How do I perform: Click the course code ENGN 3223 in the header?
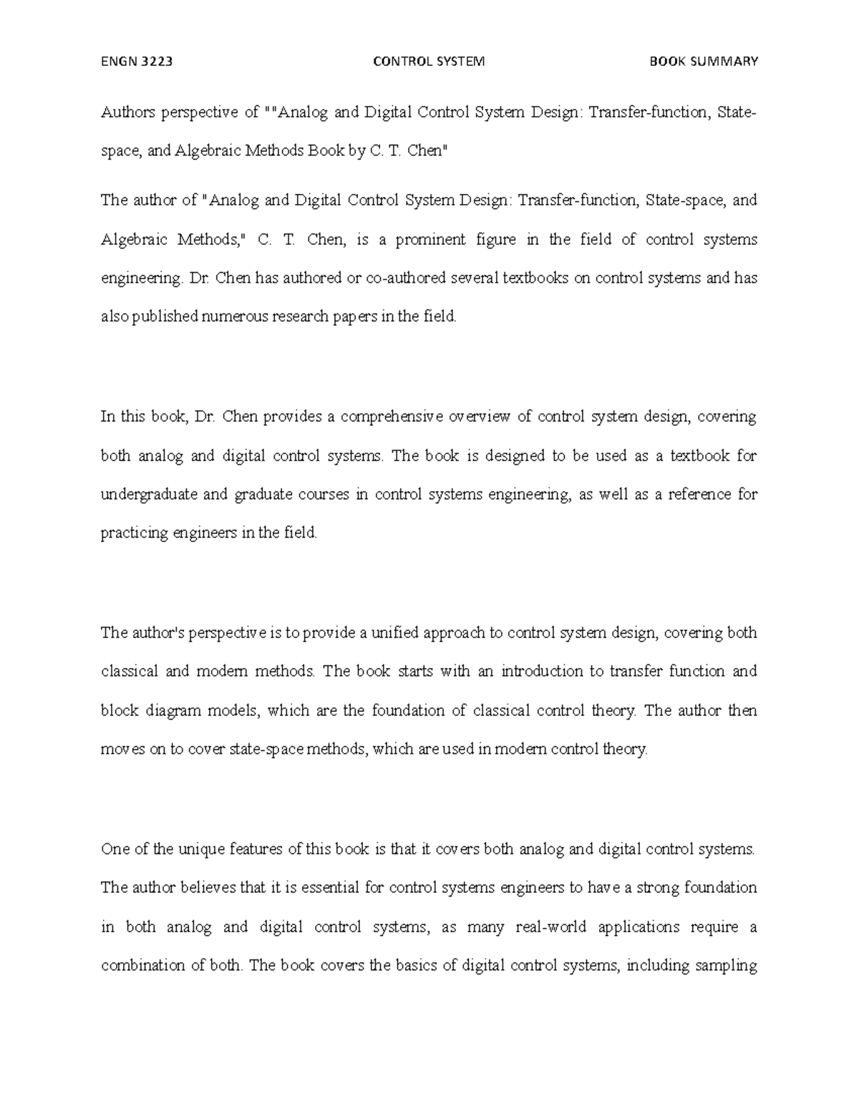[x=137, y=62]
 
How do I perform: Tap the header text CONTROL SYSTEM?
[x=429, y=62]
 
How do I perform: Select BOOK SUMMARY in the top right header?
[x=703, y=62]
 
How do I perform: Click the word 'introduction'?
[x=542, y=672]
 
